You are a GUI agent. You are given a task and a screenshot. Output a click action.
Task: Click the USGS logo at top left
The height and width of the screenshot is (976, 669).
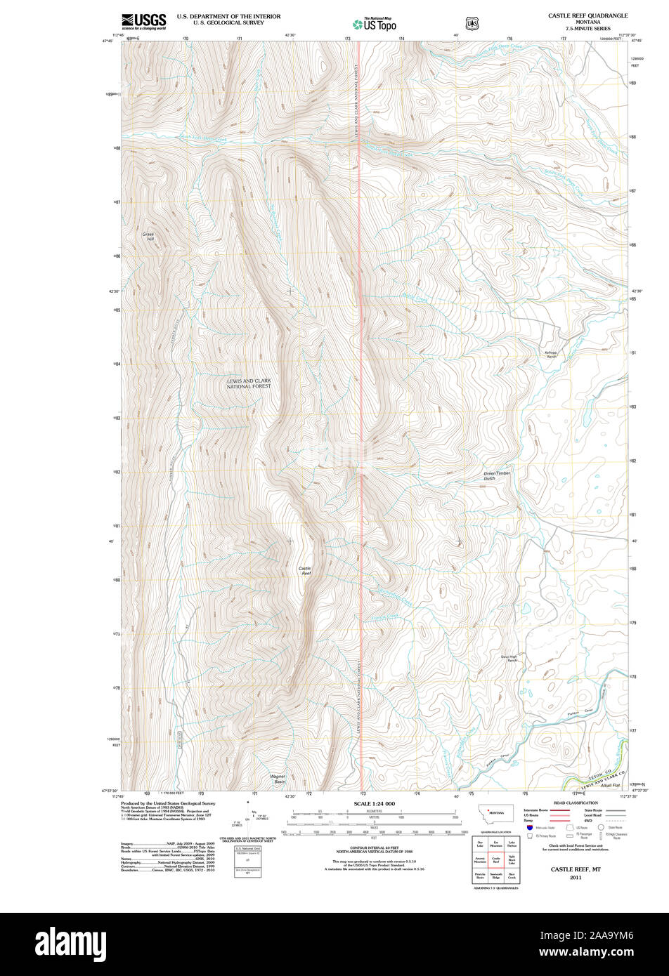point(143,21)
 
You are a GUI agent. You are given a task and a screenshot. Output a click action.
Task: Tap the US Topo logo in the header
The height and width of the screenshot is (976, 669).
point(374,24)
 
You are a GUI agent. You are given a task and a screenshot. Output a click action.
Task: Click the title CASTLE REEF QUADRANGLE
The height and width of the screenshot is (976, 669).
point(588,15)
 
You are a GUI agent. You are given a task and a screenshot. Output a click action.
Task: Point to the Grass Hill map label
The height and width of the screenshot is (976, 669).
point(148,237)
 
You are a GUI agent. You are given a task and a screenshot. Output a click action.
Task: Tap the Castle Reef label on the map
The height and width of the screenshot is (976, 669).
point(305,571)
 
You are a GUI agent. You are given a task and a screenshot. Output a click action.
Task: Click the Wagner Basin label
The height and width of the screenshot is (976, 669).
point(279,779)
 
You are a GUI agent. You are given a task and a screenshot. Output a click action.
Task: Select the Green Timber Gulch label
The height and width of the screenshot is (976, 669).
point(497,476)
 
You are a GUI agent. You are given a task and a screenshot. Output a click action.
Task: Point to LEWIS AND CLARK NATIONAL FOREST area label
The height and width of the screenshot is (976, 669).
point(248,383)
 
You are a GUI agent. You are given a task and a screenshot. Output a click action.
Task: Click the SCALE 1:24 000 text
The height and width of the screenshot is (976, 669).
point(374,803)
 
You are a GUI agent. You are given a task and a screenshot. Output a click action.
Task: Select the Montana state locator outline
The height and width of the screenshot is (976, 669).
point(496,812)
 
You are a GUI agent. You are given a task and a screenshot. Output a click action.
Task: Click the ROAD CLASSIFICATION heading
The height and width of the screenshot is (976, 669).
point(576,803)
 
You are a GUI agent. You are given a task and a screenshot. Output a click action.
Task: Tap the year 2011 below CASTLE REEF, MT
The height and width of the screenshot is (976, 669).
point(576,878)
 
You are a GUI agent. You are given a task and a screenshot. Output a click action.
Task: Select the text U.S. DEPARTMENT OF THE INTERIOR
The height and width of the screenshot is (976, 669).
point(228,15)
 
